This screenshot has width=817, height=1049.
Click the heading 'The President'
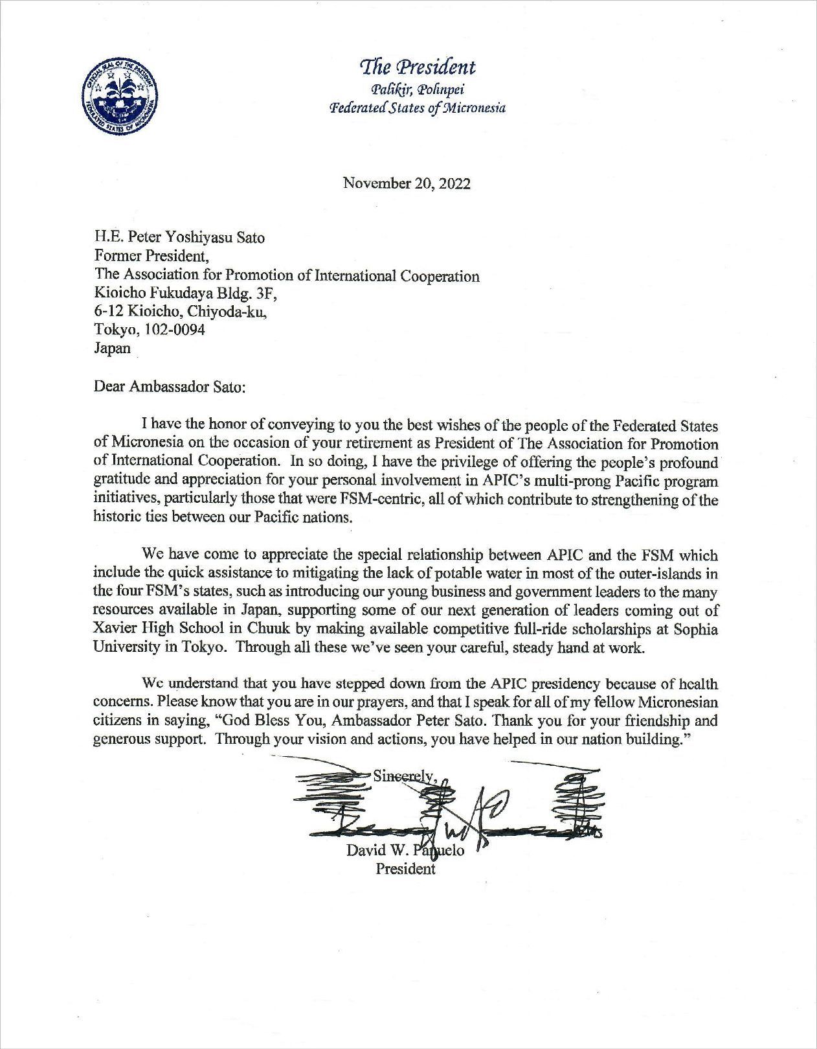[x=418, y=67]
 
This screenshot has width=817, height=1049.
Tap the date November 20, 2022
[x=407, y=183]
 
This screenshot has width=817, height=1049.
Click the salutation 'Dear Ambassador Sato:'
[x=170, y=387]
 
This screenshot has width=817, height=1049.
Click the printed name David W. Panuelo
[x=405, y=850]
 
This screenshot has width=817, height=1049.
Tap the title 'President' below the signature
[x=405, y=869]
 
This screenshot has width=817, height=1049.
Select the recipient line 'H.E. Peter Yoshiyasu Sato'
[x=179, y=237]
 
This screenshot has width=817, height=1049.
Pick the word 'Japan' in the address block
[x=113, y=348]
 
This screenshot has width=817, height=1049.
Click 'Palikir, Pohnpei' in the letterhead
[x=418, y=89]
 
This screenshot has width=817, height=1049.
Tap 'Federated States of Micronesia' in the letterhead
[x=418, y=108]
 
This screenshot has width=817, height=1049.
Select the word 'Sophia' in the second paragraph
[x=695, y=629]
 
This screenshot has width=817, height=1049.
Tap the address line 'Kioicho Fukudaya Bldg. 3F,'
[x=186, y=294]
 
